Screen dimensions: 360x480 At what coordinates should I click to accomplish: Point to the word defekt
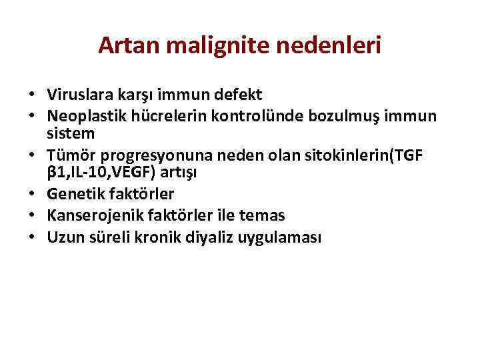240,95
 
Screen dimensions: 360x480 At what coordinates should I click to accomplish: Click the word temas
262,215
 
